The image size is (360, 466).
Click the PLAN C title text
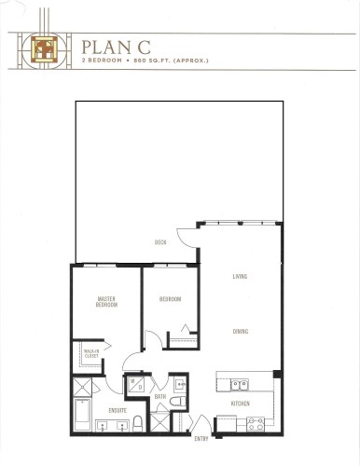[x=109, y=46]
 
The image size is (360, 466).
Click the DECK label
[x=160, y=243]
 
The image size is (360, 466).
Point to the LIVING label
[x=240, y=277]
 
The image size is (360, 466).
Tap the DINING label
[x=240, y=331]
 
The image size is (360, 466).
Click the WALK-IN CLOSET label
[x=91, y=354]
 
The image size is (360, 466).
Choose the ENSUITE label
[x=118, y=409]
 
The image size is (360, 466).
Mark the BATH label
[x=159, y=397]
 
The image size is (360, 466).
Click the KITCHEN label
[x=240, y=404]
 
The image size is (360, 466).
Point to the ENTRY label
[x=201, y=438]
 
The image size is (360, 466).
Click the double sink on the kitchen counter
[x=239, y=383]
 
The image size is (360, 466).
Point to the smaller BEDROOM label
[x=170, y=299]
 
